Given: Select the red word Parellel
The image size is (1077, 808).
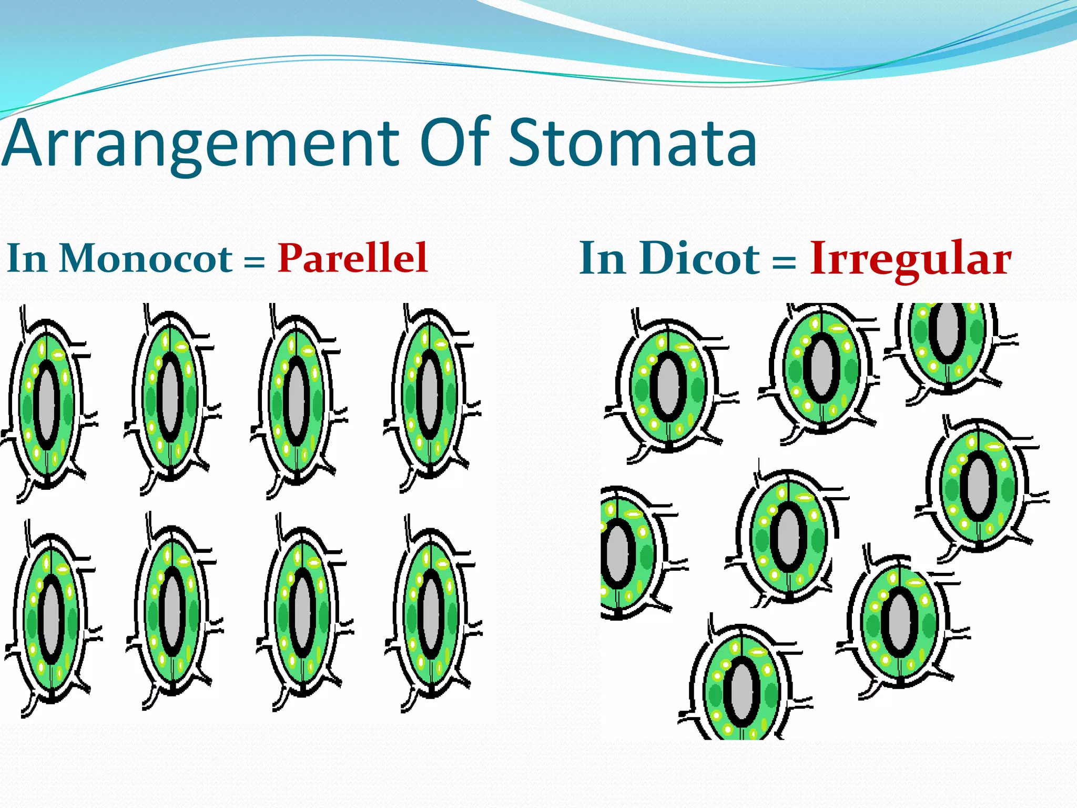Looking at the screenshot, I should pyautogui.click(x=352, y=258).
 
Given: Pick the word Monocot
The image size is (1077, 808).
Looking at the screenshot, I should pyautogui.click(x=146, y=258).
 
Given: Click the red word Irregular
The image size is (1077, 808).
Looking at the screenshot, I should pyautogui.click(x=910, y=259).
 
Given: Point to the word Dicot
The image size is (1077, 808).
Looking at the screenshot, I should pyautogui.click(x=699, y=258).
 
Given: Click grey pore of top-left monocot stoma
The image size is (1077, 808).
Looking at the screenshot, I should pyautogui.click(x=47, y=405).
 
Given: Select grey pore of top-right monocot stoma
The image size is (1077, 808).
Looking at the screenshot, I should pyautogui.click(x=430, y=395).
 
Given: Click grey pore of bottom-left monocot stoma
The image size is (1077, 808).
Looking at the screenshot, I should pyautogui.click(x=52, y=619).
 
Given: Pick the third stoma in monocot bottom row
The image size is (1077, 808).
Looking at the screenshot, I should pyautogui.click(x=302, y=610).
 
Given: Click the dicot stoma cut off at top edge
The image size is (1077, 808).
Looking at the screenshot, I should pyautogui.click(x=947, y=337).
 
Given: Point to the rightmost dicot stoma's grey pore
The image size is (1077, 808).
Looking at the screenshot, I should pyautogui.click(x=979, y=487).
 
